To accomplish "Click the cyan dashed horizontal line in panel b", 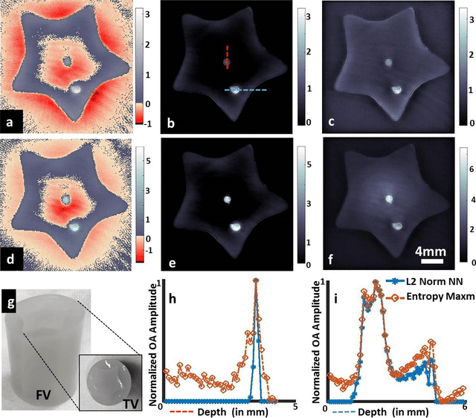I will [246, 89].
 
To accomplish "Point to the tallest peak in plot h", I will [256, 281].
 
